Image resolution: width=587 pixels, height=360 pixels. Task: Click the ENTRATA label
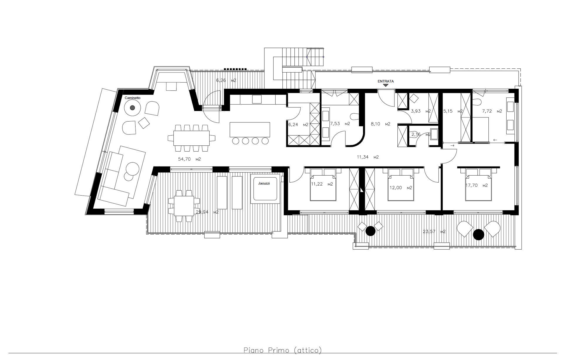[x=386, y=81]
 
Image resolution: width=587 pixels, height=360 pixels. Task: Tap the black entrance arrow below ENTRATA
[x=386, y=85]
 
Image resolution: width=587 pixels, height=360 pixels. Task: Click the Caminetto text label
[x=132, y=98]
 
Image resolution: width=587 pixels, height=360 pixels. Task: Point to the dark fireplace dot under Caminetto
[x=132, y=108]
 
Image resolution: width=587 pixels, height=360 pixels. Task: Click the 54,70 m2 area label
[x=189, y=159]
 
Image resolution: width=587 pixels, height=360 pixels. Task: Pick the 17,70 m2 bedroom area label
[x=477, y=185]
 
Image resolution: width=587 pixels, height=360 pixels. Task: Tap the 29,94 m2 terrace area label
[x=207, y=212]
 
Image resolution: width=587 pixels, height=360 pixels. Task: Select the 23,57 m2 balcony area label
[x=434, y=232]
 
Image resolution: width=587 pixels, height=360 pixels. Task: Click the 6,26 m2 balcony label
[x=226, y=80]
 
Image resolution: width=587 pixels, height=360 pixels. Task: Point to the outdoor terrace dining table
[x=184, y=206]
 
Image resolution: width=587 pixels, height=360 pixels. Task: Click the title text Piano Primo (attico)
[x=283, y=350]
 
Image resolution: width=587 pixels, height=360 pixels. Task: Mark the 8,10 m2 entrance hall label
[x=381, y=124]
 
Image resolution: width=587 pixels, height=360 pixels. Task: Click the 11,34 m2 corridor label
[x=368, y=157]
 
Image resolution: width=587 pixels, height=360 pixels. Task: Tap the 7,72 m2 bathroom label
[x=492, y=111]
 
